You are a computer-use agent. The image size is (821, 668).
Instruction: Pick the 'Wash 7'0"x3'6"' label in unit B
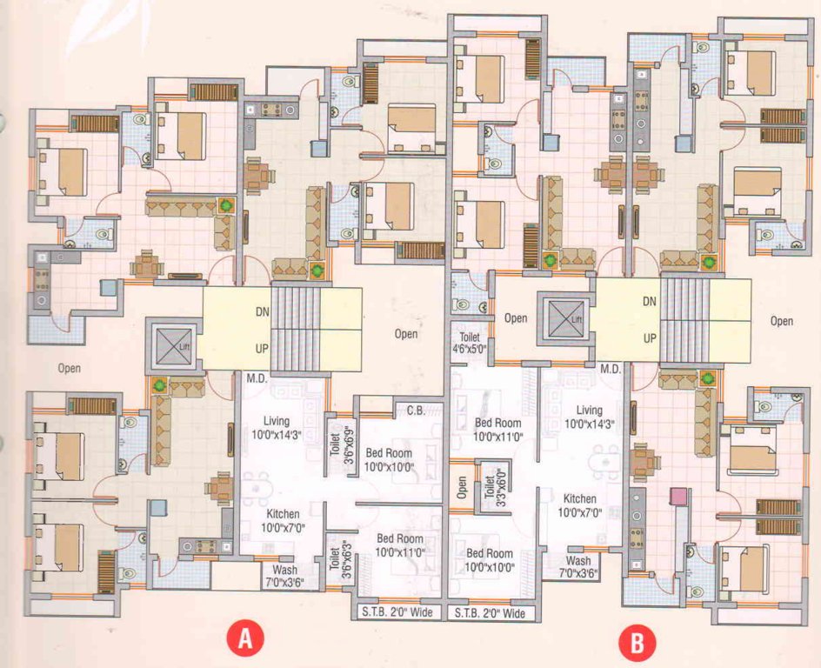(577, 567)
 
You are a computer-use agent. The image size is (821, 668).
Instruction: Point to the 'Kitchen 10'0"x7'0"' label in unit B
(579, 505)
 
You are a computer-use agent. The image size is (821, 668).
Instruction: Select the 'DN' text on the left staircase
(263, 311)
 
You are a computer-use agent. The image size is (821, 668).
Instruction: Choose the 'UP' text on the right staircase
(648, 337)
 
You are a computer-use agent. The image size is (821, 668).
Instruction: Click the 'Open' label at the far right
(781, 321)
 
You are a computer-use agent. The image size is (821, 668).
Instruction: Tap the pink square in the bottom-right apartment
(677, 497)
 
